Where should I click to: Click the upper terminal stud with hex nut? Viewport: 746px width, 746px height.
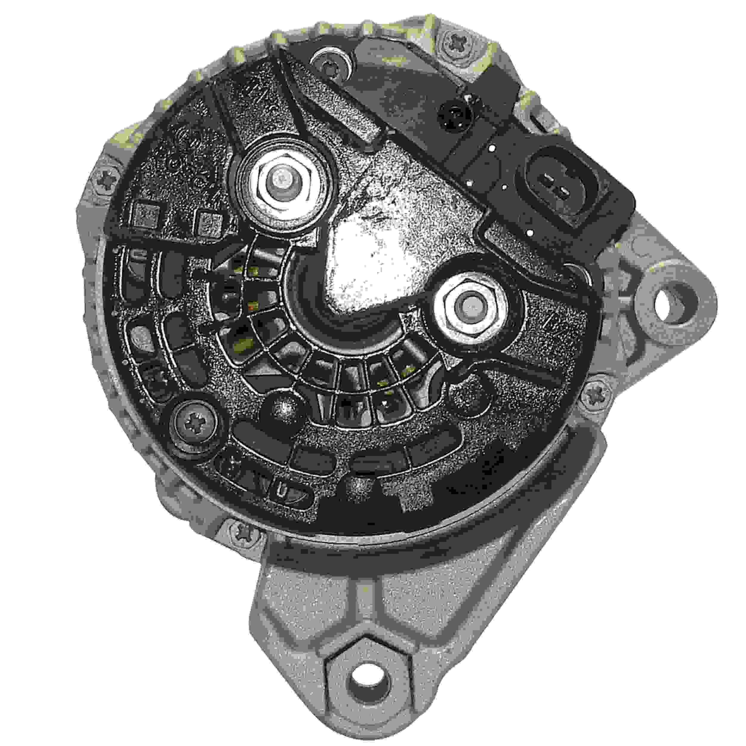(x=282, y=178)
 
